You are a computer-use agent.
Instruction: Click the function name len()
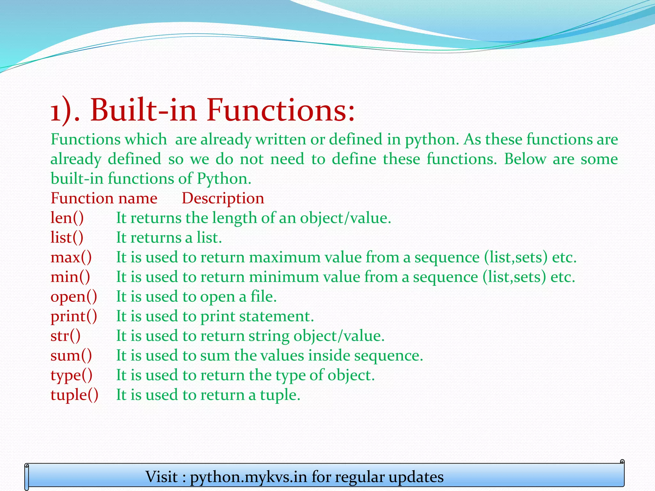pyautogui.click(x=67, y=218)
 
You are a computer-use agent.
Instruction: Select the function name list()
pyautogui.click(x=67, y=238)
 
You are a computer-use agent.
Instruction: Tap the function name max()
pyautogui.click(x=71, y=258)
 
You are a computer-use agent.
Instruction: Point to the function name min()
pyautogui.click(x=70, y=277)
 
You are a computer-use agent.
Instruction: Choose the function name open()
pyautogui.click(x=74, y=297)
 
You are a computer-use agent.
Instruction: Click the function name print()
pyautogui.click(x=74, y=316)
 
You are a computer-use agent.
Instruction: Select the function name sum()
pyautogui.click(x=71, y=356)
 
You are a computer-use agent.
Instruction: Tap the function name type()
pyautogui.click(x=71, y=376)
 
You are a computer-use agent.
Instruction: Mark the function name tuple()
pyautogui.click(x=74, y=395)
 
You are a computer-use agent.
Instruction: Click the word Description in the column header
pyautogui.click(x=223, y=199)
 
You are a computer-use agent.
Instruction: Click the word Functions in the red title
pyautogui.click(x=281, y=110)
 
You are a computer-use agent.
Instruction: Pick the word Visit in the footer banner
pyautogui.click(x=162, y=477)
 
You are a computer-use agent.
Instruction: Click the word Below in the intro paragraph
pyautogui.click(x=525, y=159)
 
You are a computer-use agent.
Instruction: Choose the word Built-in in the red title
pyautogui.click(x=143, y=110)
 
